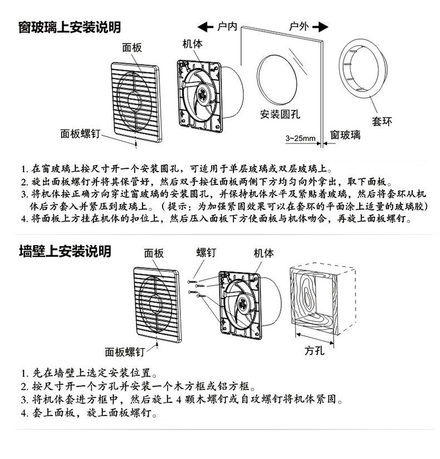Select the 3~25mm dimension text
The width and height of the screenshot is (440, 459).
point(300,138)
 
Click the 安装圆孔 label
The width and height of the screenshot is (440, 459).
point(280,114)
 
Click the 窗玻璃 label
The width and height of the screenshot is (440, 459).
point(345,134)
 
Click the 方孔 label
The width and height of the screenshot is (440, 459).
point(315,350)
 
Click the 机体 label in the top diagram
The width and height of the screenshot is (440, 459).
point(193,45)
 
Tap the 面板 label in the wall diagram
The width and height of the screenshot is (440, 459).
point(154,253)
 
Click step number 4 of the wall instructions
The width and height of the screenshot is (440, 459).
point(24,414)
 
